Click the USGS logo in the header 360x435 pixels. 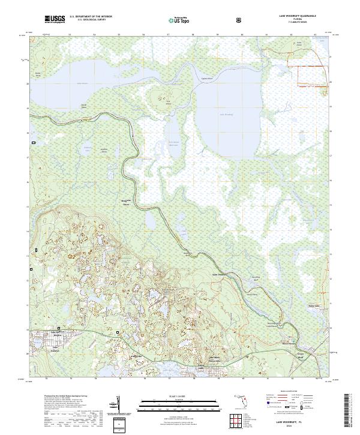point(55,20)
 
